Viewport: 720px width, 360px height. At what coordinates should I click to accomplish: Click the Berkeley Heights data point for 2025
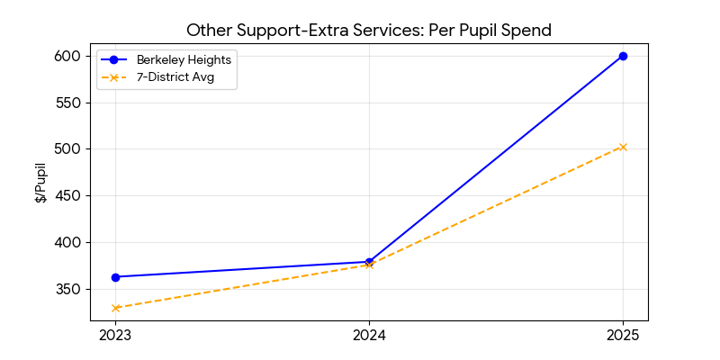623,56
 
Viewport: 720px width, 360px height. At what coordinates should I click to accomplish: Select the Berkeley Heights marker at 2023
115,277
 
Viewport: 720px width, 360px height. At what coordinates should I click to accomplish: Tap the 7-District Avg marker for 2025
623,147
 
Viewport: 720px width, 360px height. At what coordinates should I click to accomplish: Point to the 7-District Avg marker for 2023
115,308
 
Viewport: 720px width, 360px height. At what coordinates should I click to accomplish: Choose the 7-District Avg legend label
175,77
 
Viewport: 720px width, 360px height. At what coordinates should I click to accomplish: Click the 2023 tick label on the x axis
115,336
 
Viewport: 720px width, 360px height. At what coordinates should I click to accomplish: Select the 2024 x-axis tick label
369,336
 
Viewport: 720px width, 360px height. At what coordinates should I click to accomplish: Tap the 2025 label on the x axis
623,336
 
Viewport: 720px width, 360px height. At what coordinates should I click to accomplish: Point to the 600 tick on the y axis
69,56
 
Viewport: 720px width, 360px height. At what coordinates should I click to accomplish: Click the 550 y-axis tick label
69,103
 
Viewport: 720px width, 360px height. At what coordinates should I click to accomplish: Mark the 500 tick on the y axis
69,149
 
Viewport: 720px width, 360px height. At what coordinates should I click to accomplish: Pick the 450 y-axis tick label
69,195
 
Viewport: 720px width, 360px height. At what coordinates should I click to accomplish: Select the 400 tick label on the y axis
69,242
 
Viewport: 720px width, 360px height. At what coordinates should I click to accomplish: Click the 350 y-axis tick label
69,289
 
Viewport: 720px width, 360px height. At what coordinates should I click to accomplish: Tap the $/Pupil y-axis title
40,183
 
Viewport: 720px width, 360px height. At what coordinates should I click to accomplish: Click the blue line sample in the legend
114,60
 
